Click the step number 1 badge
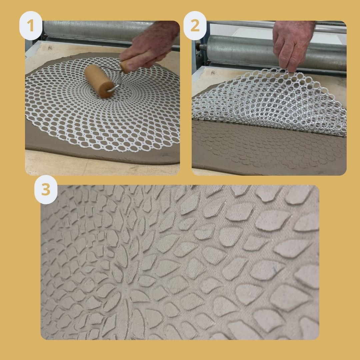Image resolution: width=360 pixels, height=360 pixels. click(x=31, y=25)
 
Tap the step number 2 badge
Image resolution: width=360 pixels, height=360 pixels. click(x=195, y=25)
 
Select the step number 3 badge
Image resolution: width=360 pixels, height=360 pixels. click(x=46, y=190)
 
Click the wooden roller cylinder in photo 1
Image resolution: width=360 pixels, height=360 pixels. click(x=99, y=81)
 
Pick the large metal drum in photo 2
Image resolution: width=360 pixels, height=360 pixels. click(x=276, y=52)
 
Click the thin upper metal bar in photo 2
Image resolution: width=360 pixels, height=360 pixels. click(x=276, y=25)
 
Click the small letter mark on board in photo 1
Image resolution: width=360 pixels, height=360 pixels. click(x=50, y=48)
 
